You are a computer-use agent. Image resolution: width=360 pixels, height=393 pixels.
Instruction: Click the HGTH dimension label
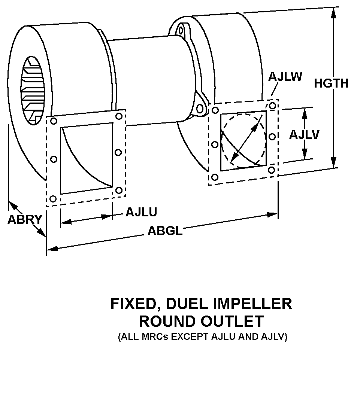click(331, 83)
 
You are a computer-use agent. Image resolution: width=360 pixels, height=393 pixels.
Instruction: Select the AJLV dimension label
click(304, 134)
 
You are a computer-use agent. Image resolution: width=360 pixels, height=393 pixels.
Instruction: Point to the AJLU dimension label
click(141, 212)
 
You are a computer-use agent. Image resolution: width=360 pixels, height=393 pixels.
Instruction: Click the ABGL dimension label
click(165, 231)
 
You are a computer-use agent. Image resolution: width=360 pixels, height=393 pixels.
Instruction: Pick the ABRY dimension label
click(24, 220)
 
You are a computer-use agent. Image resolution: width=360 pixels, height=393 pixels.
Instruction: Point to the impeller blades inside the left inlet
click(31, 90)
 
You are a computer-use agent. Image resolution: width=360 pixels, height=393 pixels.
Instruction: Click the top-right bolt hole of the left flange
click(119, 116)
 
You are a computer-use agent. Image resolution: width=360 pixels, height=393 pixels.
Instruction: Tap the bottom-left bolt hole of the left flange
click(53, 198)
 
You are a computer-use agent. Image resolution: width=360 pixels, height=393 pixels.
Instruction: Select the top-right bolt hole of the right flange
click(272, 106)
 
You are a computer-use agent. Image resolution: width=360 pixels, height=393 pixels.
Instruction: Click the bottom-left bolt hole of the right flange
click(215, 177)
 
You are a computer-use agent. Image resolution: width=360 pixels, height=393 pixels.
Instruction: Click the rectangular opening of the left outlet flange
click(87, 159)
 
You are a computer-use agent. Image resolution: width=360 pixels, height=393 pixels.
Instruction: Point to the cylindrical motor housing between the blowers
click(150, 79)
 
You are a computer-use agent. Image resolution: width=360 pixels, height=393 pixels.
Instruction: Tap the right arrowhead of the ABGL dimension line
click(273, 214)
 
